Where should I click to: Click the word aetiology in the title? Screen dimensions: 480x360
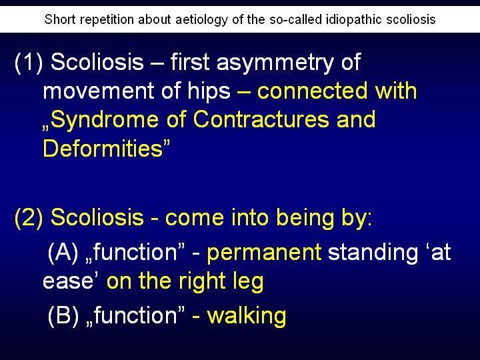(x=202, y=20)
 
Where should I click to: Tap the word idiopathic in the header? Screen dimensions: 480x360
(x=354, y=20)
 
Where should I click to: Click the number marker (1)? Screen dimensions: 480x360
(x=29, y=63)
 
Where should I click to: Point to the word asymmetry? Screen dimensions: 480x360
(x=274, y=63)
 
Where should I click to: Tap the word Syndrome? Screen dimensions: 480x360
(x=105, y=120)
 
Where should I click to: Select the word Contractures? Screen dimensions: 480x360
(x=261, y=119)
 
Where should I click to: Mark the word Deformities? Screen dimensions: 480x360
(x=103, y=148)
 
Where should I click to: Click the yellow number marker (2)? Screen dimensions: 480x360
(x=29, y=218)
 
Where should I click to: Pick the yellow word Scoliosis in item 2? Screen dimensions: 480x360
(x=97, y=217)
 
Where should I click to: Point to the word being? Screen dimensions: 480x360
(x=304, y=218)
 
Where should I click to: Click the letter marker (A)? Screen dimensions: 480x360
(x=63, y=253)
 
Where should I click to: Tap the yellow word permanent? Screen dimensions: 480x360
(x=264, y=253)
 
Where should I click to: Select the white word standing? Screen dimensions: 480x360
(x=373, y=253)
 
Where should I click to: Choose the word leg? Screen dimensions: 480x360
(x=249, y=281)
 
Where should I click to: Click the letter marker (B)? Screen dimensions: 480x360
(x=63, y=315)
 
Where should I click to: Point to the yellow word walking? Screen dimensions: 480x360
(x=247, y=316)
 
